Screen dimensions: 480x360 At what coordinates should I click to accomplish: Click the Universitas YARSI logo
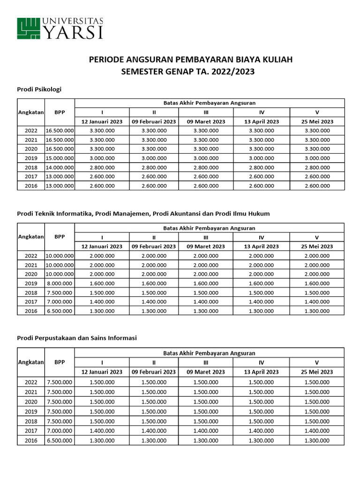(x=60, y=28)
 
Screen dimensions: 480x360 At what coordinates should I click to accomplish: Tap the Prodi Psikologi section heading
(x=39, y=89)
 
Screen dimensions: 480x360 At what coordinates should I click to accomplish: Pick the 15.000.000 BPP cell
(x=60, y=158)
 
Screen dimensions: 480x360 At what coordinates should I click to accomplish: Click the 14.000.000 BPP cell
(x=60, y=167)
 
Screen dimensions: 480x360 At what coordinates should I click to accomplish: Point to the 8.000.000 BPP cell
(x=60, y=283)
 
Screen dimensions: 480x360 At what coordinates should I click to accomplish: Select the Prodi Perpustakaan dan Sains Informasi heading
(x=77, y=337)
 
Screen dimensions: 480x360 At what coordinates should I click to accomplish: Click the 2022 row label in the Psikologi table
(x=31, y=131)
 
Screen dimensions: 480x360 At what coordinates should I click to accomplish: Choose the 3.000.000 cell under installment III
(x=206, y=158)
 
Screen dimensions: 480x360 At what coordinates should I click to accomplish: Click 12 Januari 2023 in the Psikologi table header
(x=102, y=121)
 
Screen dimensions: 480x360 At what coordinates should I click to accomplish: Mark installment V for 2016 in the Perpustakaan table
(x=317, y=440)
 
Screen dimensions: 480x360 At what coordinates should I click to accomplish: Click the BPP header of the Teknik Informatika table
(x=60, y=237)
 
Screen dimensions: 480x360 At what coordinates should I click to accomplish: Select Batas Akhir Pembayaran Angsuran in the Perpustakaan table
(x=209, y=353)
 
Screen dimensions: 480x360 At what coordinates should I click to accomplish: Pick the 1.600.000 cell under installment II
(x=154, y=283)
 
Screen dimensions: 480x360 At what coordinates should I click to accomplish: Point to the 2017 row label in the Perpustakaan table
(x=31, y=431)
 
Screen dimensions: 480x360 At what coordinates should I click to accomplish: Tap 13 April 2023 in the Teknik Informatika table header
(x=262, y=246)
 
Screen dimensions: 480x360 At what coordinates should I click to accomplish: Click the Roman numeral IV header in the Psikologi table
(x=262, y=112)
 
